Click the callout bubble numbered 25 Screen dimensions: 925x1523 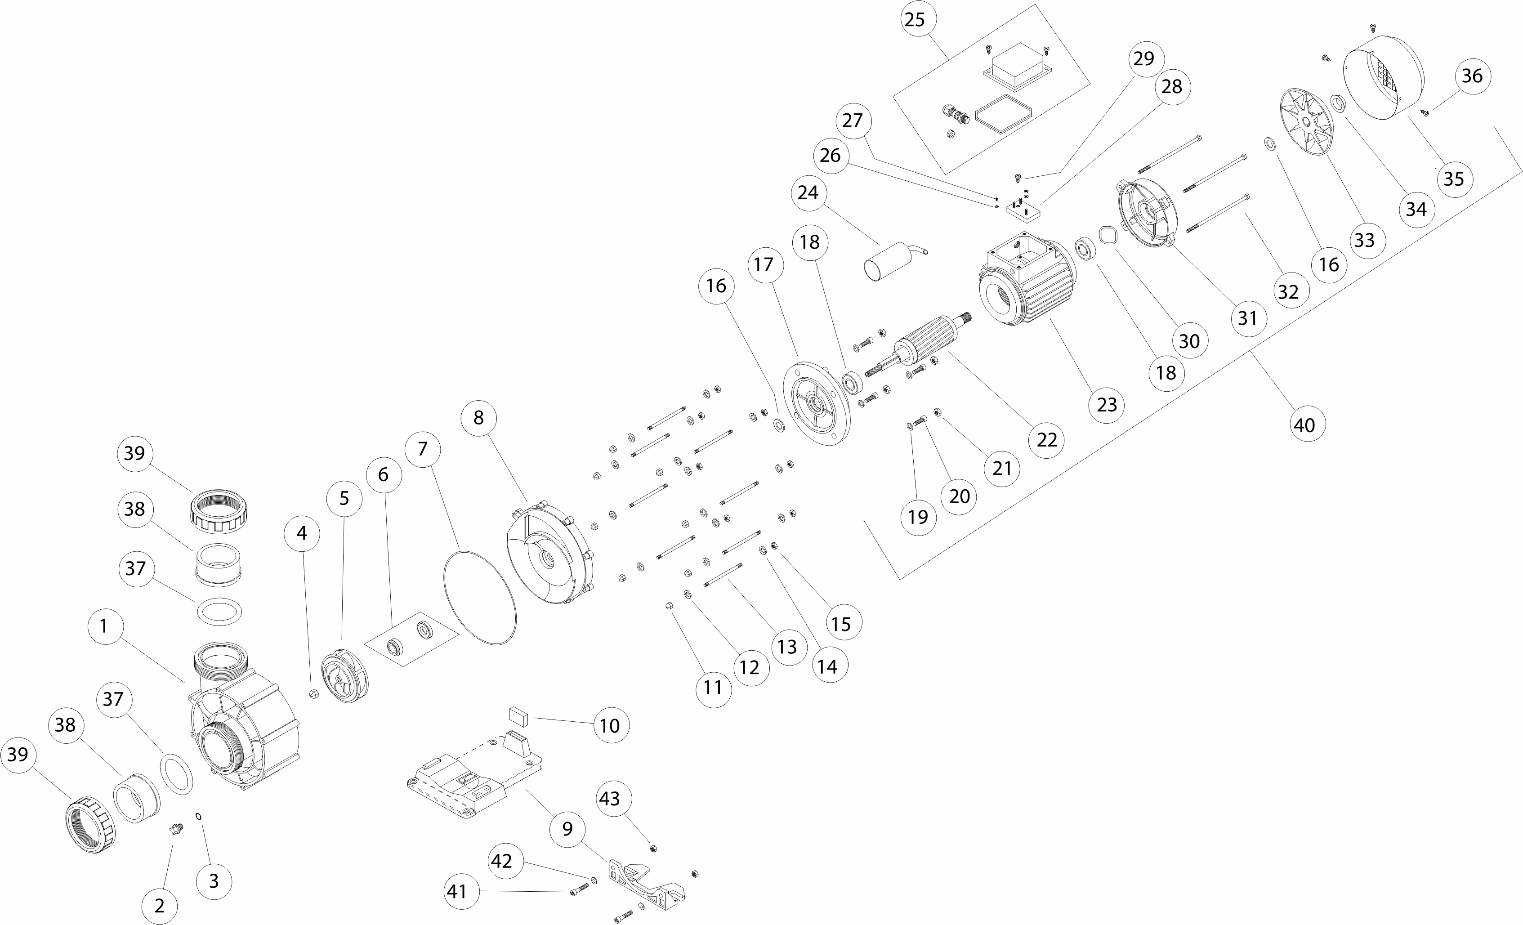[915, 19]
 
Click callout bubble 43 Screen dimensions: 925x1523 [609, 798]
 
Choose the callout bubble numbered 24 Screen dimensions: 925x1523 [808, 193]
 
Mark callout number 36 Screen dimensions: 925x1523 [1472, 76]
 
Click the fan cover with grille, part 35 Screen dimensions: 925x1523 [1385, 80]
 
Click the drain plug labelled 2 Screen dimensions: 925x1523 [177, 827]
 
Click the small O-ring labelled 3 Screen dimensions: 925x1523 [198, 816]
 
